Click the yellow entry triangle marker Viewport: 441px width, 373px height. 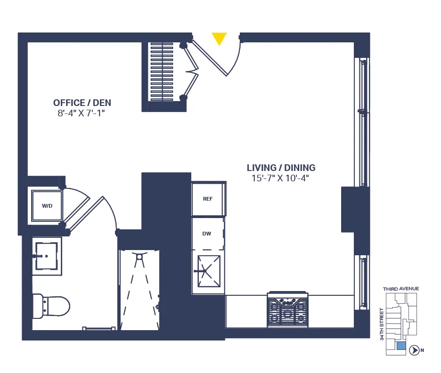pyautogui.click(x=219, y=38)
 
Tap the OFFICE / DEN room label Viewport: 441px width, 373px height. pyautogui.click(x=82, y=103)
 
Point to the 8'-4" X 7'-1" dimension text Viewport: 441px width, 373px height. pyautogui.click(x=82, y=113)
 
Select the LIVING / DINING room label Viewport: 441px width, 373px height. pyautogui.click(x=281, y=168)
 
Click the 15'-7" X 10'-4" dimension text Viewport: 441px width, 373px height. pyautogui.click(x=281, y=178)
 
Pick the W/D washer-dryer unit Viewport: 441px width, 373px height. pyautogui.click(x=47, y=206)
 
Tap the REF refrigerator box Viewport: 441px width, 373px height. pyautogui.click(x=208, y=199)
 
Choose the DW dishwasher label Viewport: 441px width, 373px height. pyautogui.click(x=207, y=234)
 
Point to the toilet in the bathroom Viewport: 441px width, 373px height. pyautogui.click(x=51, y=305)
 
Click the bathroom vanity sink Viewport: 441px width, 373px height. pyautogui.click(x=46, y=256)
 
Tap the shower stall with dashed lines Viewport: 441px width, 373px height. pyautogui.click(x=139, y=290)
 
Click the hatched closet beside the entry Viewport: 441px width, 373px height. pyautogui.click(x=162, y=71)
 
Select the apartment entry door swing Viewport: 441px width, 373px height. pyautogui.click(x=220, y=57)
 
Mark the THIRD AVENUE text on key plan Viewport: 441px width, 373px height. pyautogui.click(x=400, y=289)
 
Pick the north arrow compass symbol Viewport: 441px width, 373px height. pyautogui.click(x=415, y=350)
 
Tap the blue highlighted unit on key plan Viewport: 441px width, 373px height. pyautogui.click(x=401, y=347)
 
